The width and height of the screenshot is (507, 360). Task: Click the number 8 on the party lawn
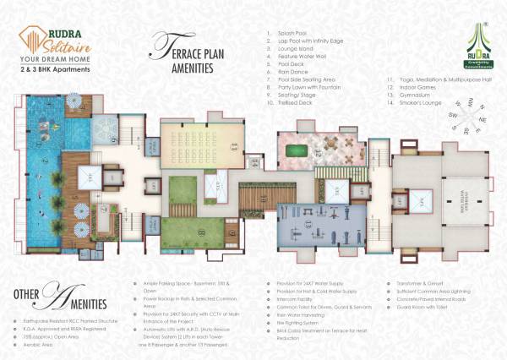pos(201,228)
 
